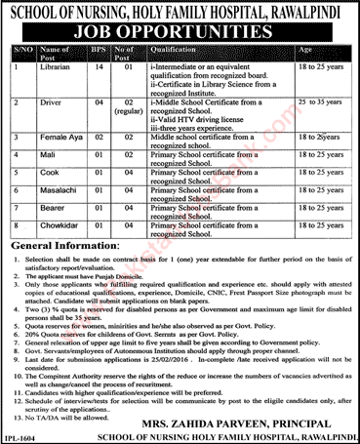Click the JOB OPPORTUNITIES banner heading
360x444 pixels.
180,29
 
